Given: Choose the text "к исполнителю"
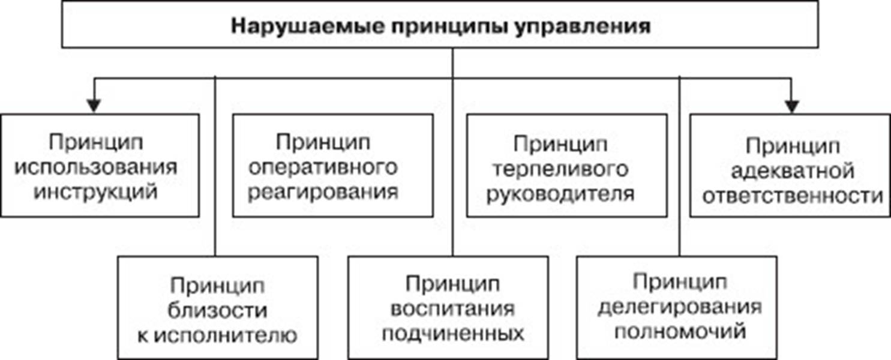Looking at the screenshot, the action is click(x=218, y=334).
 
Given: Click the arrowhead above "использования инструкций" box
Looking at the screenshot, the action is click(x=92, y=106).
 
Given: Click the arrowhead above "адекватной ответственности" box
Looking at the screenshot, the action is click(x=792, y=106).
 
